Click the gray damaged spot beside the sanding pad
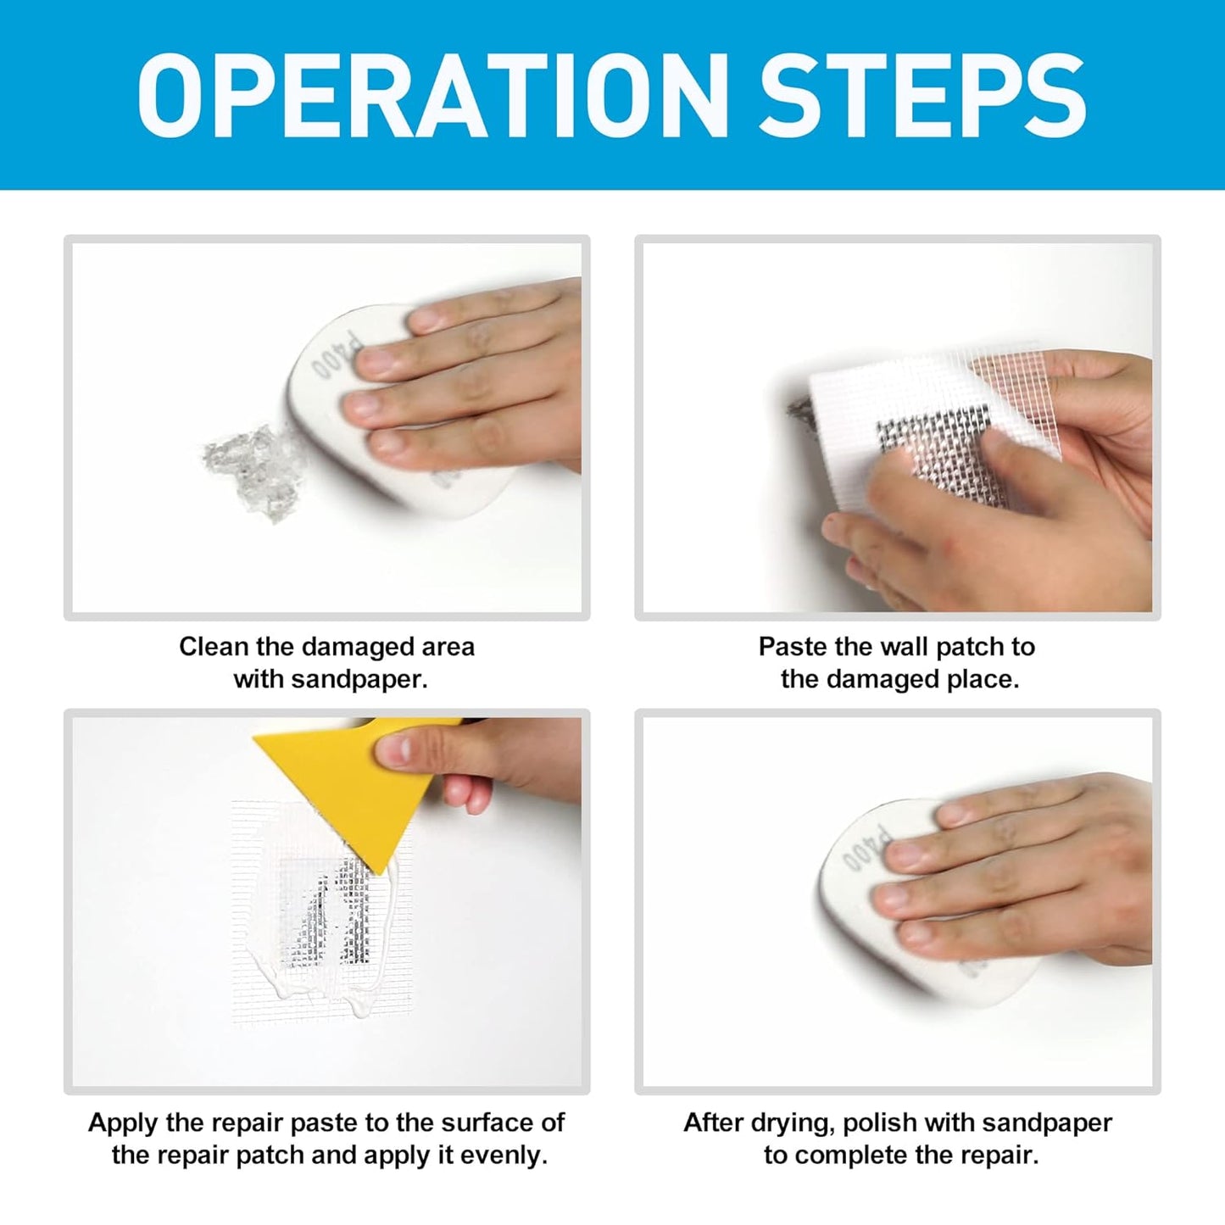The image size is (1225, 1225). point(250,471)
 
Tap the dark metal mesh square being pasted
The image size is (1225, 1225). point(933,445)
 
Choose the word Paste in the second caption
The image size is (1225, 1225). point(793,647)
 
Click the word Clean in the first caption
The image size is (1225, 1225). point(214,647)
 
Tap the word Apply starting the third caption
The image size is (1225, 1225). point(124,1122)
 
